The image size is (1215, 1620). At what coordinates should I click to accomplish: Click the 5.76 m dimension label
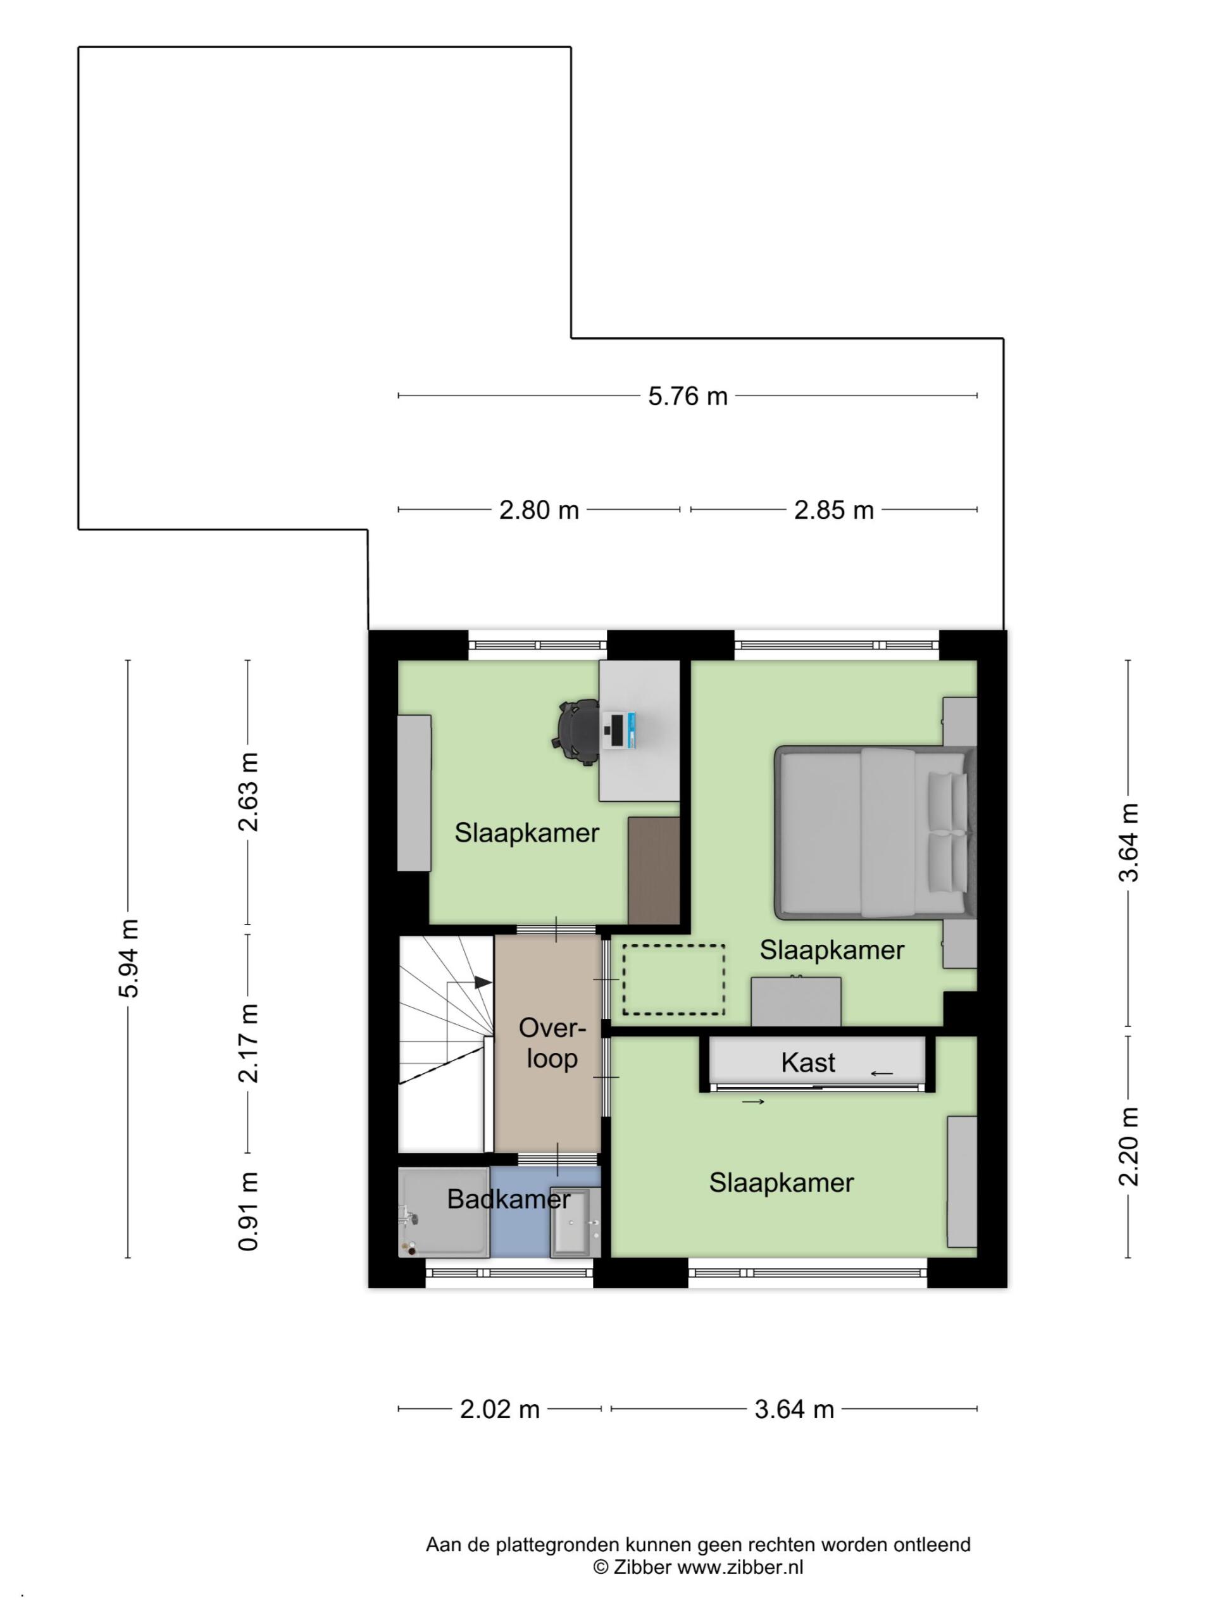pos(687,396)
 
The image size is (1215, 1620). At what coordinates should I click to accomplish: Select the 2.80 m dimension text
pos(539,509)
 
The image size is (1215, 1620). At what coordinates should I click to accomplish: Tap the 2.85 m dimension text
pos(833,509)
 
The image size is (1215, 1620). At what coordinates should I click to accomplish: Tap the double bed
pos(876,832)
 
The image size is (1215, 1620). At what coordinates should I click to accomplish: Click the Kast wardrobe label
pos(808,1062)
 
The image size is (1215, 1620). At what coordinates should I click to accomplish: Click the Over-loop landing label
pos(552,1043)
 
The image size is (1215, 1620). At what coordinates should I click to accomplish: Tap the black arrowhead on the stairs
pos(483,982)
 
